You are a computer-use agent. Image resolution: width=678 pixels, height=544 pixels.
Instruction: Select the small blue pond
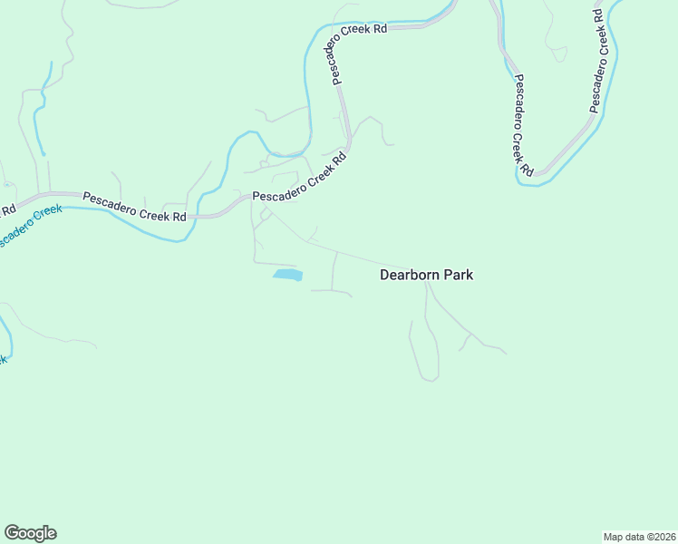click(287, 274)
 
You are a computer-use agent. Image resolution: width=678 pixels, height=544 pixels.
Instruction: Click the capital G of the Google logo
click(12, 533)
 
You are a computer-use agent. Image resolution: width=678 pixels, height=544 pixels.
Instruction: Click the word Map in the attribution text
click(614, 537)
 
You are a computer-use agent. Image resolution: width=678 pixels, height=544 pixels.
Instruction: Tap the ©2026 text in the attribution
click(659, 537)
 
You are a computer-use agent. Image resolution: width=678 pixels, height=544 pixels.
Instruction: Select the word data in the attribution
click(634, 537)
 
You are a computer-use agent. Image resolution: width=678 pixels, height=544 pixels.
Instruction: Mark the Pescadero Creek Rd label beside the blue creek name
click(134, 207)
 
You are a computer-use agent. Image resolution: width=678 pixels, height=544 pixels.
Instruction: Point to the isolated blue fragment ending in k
click(4, 359)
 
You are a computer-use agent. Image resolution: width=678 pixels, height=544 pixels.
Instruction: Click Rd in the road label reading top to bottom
click(525, 168)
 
